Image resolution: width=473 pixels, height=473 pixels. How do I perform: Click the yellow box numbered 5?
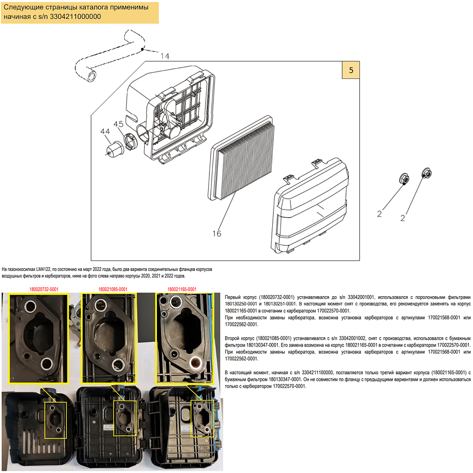351,70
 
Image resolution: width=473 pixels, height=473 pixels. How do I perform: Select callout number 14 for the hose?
165,56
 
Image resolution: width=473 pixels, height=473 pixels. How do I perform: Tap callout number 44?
105,132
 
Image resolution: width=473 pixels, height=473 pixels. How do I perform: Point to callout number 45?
118,124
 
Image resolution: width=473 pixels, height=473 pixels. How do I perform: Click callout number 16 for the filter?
216,234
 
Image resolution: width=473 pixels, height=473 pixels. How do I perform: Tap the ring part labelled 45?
132,140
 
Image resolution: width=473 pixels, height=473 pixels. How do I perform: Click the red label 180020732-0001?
41,289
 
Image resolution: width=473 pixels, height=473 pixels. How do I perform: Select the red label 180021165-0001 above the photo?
182,289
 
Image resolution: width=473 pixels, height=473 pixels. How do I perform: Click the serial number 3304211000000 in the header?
75,17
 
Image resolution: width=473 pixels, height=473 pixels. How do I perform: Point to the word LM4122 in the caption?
44,269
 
